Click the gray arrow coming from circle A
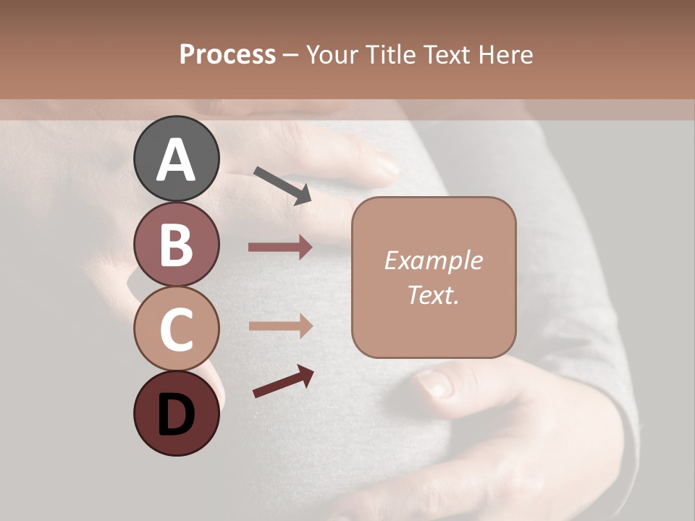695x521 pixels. point(282,185)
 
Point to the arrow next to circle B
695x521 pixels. point(280,247)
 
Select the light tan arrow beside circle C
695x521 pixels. point(280,326)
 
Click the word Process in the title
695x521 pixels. point(227,54)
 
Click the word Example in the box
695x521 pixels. point(433,260)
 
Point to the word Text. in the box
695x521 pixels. point(433,295)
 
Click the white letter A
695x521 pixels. point(176,160)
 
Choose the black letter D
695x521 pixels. point(176,416)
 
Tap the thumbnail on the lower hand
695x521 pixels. point(435,384)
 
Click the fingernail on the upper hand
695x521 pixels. point(387,168)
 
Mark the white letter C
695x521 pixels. point(176,329)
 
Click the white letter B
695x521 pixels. point(176,245)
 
